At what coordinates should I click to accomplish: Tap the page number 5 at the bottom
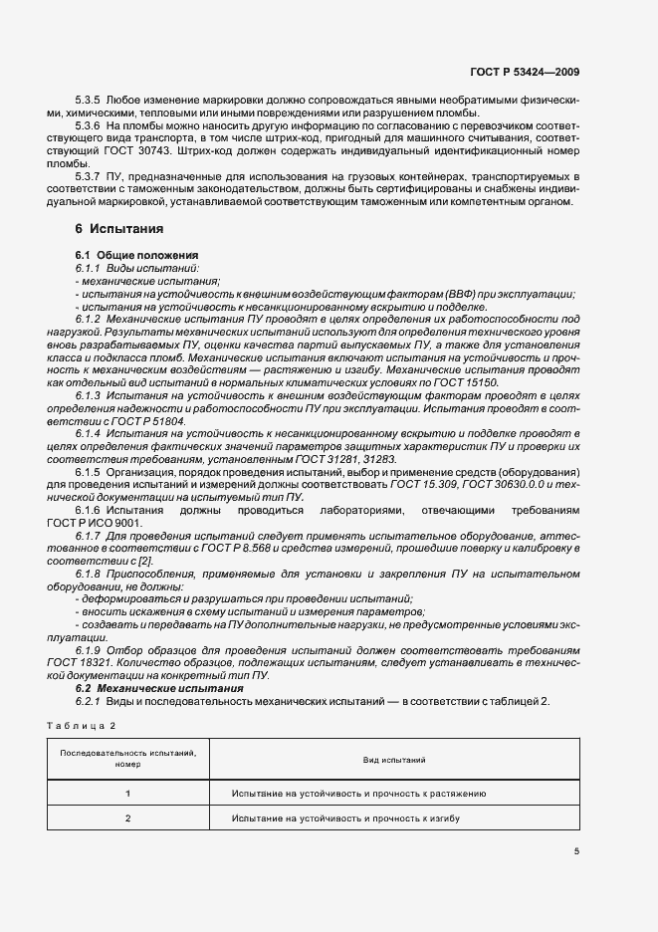pos(576,851)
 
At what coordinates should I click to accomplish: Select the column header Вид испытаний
pos(394,760)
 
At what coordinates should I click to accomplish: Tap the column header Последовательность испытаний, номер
pos(127,760)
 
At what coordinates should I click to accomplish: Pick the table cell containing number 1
pos(127,794)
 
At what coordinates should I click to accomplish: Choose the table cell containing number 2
pos(127,817)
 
